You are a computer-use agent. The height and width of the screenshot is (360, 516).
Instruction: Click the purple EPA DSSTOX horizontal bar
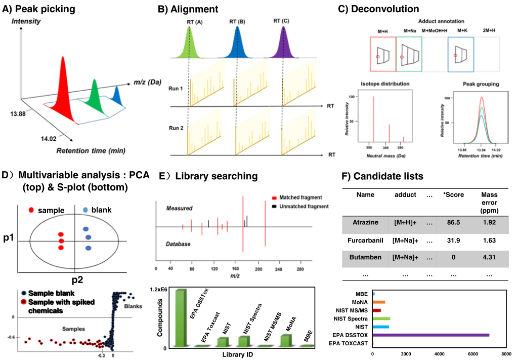[431, 335]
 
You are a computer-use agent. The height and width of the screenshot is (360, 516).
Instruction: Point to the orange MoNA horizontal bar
[379, 302]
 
